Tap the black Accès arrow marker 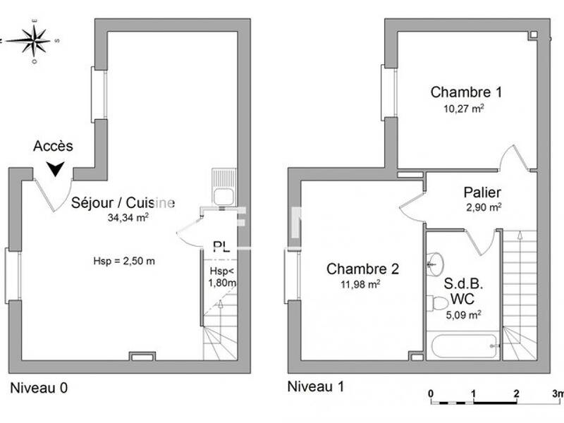(x=56, y=168)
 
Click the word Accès (x=53, y=147)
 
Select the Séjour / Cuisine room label (x=123, y=203)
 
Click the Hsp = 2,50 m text (x=124, y=261)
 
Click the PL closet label (x=221, y=247)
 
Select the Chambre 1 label (x=457, y=92)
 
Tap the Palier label (x=482, y=192)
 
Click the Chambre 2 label (x=363, y=269)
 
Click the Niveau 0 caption (x=39, y=388)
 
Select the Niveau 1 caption (x=317, y=387)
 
